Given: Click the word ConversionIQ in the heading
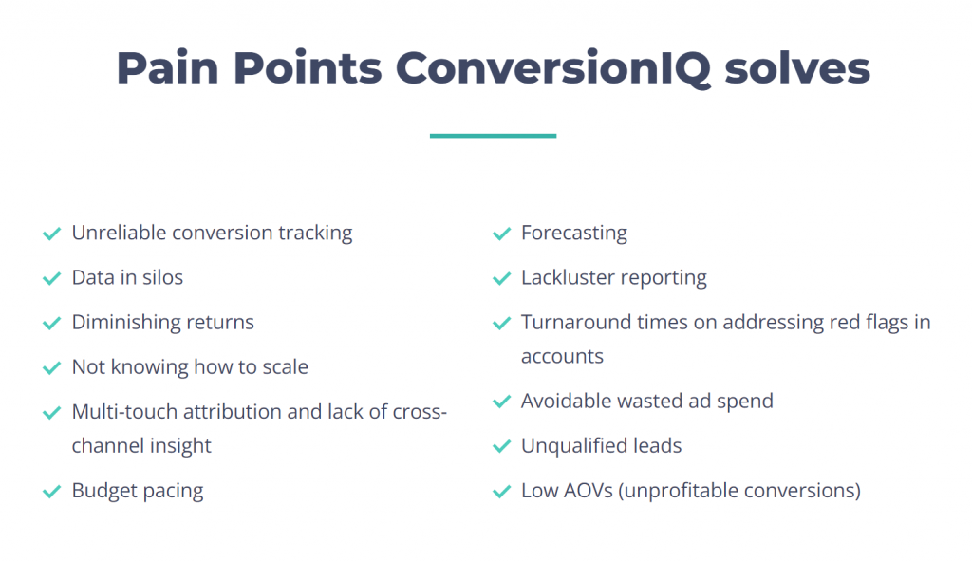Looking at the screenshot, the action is tap(553, 68).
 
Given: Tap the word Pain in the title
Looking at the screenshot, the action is tap(167, 67).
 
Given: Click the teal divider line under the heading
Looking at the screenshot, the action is tap(493, 135).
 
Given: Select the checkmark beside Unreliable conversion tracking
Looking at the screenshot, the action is tap(51, 234).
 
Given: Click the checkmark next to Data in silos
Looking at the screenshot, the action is tap(51, 278).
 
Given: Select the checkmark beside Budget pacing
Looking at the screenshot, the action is tap(51, 492).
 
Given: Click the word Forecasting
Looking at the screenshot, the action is tap(574, 234).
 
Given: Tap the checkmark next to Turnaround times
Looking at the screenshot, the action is tap(501, 323).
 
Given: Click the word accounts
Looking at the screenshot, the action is tap(562, 356).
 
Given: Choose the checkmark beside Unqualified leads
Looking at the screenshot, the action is tap(501, 446).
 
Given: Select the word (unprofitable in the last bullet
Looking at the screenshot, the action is tap(678, 491).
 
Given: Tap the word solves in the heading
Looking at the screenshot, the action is tap(797, 68).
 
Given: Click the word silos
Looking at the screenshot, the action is tap(162, 278).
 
